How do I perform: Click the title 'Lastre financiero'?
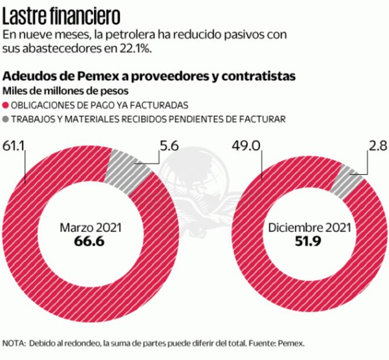tap(63, 13)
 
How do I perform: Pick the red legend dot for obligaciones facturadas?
tap(7, 106)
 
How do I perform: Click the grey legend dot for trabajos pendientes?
tap(7, 120)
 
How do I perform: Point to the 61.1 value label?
tap(13, 145)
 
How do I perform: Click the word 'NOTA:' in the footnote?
tap(13, 343)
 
